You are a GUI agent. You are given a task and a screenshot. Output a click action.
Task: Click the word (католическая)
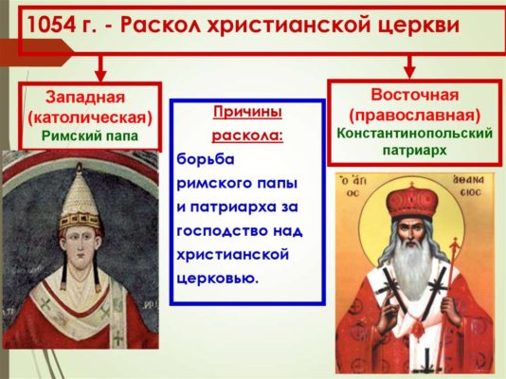pyautogui.click(x=90, y=117)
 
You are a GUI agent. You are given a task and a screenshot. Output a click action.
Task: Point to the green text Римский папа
pyautogui.click(x=90, y=135)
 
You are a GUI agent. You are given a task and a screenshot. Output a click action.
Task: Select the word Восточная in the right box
pyautogui.click(x=414, y=95)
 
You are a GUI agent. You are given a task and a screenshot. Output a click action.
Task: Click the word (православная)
pyautogui.click(x=414, y=114)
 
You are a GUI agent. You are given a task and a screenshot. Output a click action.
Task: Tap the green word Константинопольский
pyautogui.click(x=414, y=133)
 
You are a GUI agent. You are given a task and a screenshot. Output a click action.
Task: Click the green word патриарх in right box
pyautogui.click(x=414, y=151)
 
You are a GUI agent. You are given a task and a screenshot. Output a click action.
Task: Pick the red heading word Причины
pyautogui.click(x=249, y=113)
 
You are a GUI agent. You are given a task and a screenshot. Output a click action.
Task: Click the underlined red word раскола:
pyautogui.click(x=249, y=135)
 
